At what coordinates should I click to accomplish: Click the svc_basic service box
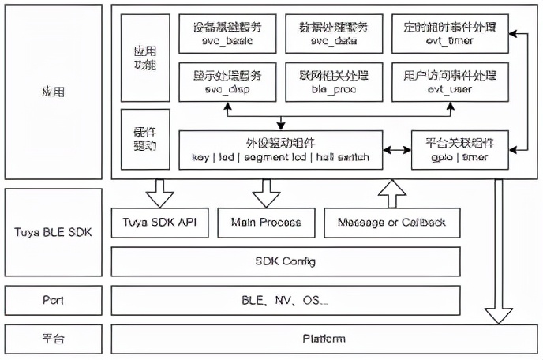coord(227,32)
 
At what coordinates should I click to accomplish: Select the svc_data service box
coord(334,32)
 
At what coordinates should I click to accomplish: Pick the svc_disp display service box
coord(227,82)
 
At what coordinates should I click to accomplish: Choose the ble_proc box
coord(334,82)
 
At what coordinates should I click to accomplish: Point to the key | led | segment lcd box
coord(281,150)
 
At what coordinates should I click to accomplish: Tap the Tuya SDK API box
coord(160,223)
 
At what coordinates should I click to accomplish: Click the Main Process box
coord(266,223)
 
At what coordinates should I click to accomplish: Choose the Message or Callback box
coord(391,223)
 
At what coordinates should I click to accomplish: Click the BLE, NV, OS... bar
coord(286,301)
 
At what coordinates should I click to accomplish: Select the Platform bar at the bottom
coord(324,339)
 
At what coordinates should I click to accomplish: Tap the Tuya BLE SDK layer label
coord(53,233)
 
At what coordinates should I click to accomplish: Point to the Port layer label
coord(53,301)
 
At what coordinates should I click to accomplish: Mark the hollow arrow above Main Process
coord(266,193)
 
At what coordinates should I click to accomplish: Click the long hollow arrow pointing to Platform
coord(498,253)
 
